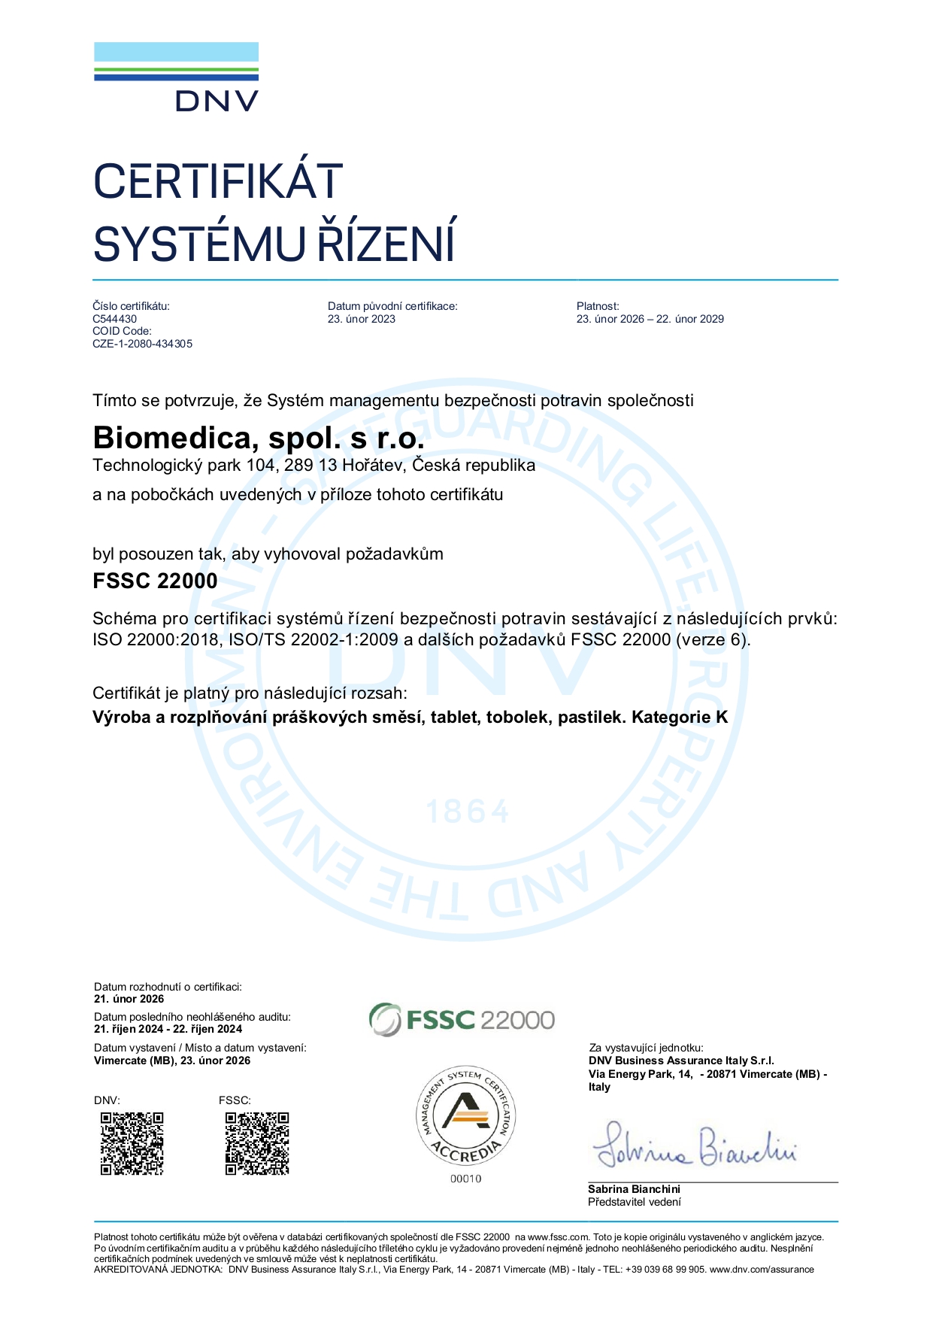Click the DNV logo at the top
(x=176, y=77)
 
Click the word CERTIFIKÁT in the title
(x=218, y=181)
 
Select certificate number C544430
(x=114, y=319)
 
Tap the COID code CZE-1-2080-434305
(x=142, y=344)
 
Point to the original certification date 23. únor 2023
(x=361, y=319)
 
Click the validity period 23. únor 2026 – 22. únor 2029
(x=650, y=319)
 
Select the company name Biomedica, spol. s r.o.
(x=258, y=438)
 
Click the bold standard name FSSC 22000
(x=155, y=581)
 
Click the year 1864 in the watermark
(x=468, y=812)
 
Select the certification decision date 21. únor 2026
(x=129, y=999)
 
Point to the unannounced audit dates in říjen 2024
(x=168, y=1029)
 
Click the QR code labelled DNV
(x=132, y=1143)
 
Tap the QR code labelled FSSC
(x=257, y=1143)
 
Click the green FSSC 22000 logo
(x=462, y=1020)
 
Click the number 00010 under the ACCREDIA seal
(x=466, y=1179)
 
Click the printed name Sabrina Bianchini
(x=634, y=1189)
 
